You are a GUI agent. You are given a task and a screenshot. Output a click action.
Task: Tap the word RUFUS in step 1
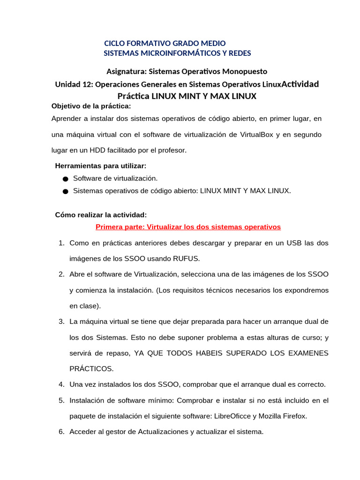(187, 259)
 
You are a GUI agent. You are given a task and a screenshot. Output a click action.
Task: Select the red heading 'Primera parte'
(188, 227)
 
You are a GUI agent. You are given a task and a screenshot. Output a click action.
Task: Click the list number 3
(61, 322)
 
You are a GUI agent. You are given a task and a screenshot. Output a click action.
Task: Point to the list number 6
(61, 432)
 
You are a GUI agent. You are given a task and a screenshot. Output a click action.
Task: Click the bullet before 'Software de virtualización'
(65, 179)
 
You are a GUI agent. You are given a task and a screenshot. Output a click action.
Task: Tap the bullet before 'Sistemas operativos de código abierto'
(65, 191)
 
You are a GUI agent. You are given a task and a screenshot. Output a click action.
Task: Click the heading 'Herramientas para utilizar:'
(101, 166)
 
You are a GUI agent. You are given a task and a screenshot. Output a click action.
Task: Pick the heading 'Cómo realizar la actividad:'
(101, 215)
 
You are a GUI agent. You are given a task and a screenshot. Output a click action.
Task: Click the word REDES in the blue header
(240, 53)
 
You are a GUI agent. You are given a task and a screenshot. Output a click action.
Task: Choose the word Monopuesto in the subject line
(245, 72)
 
